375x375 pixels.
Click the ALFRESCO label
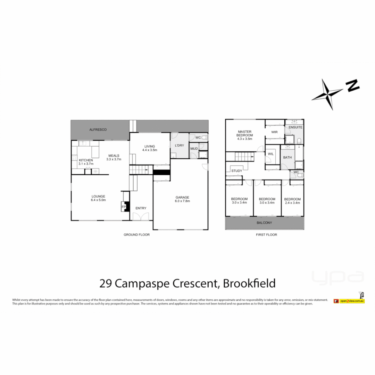pyautogui.click(x=98, y=130)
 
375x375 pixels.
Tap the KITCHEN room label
pyautogui.click(x=86, y=160)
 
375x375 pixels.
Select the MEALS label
pyautogui.click(x=114, y=155)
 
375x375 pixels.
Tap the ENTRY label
pyautogui.click(x=141, y=208)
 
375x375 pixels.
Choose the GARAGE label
pyautogui.click(x=182, y=197)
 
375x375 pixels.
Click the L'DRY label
pyautogui.click(x=180, y=145)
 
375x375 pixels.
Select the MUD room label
pyautogui.click(x=194, y=149)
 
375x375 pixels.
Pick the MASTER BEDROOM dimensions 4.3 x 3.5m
pyautogui.click(x=245, y=139)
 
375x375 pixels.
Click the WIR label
pyautogui.click(x=274, y=132)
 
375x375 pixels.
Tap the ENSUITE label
pyautogui.click(x=295, y=127)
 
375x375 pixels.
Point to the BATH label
pyautogui.click(x=287, y=157)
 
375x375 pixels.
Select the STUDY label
pyautogui.click(x=236, y=171)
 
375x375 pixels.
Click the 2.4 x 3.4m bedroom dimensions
pyautogui.click(x=292, y=203)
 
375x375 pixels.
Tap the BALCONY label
pyautogui.click(x=264, y=223)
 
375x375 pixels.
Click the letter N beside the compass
pyautogui.click(x=353, y=85)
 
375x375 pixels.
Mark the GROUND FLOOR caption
pyautogui.click(x=136, y=235)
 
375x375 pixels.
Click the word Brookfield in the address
pyautogui.click(x=249, y=283)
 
